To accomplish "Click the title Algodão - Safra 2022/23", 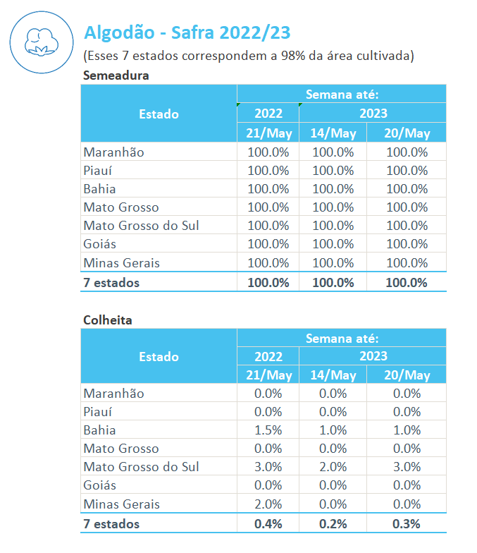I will click(187, 32).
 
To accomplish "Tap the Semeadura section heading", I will click(116, 75).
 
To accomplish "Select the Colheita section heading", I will click(107, 320).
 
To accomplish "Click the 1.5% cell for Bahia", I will click(268, 430).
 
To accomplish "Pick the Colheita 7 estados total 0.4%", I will click(268, 524).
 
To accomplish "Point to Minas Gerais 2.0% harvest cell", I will click(268, 504).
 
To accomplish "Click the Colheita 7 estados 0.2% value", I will click(333, 524).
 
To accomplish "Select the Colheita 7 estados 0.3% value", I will click(407, 524).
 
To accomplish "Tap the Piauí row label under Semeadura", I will click(98, 171).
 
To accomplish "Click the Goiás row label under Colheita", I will click(99, 485).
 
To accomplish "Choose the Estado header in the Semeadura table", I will click(159, 114).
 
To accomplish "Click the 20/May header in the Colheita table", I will click(407, 375).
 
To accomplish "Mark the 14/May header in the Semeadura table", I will click(333, 133).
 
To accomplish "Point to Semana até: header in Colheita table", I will click(342, 339).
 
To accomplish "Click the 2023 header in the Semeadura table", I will click(373, 114).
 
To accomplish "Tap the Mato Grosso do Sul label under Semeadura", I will click(141, 226).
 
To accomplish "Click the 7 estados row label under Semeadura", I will click(111, 283).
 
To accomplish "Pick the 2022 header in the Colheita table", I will click(268, 356).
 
